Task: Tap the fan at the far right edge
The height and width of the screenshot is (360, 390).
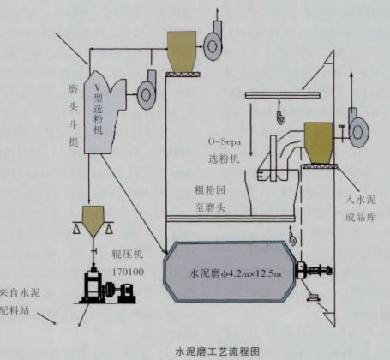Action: pyautogui.click(x=354, y=125)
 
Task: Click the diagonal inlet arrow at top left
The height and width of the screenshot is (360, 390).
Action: pyautogui.click(x=72, y=43)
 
